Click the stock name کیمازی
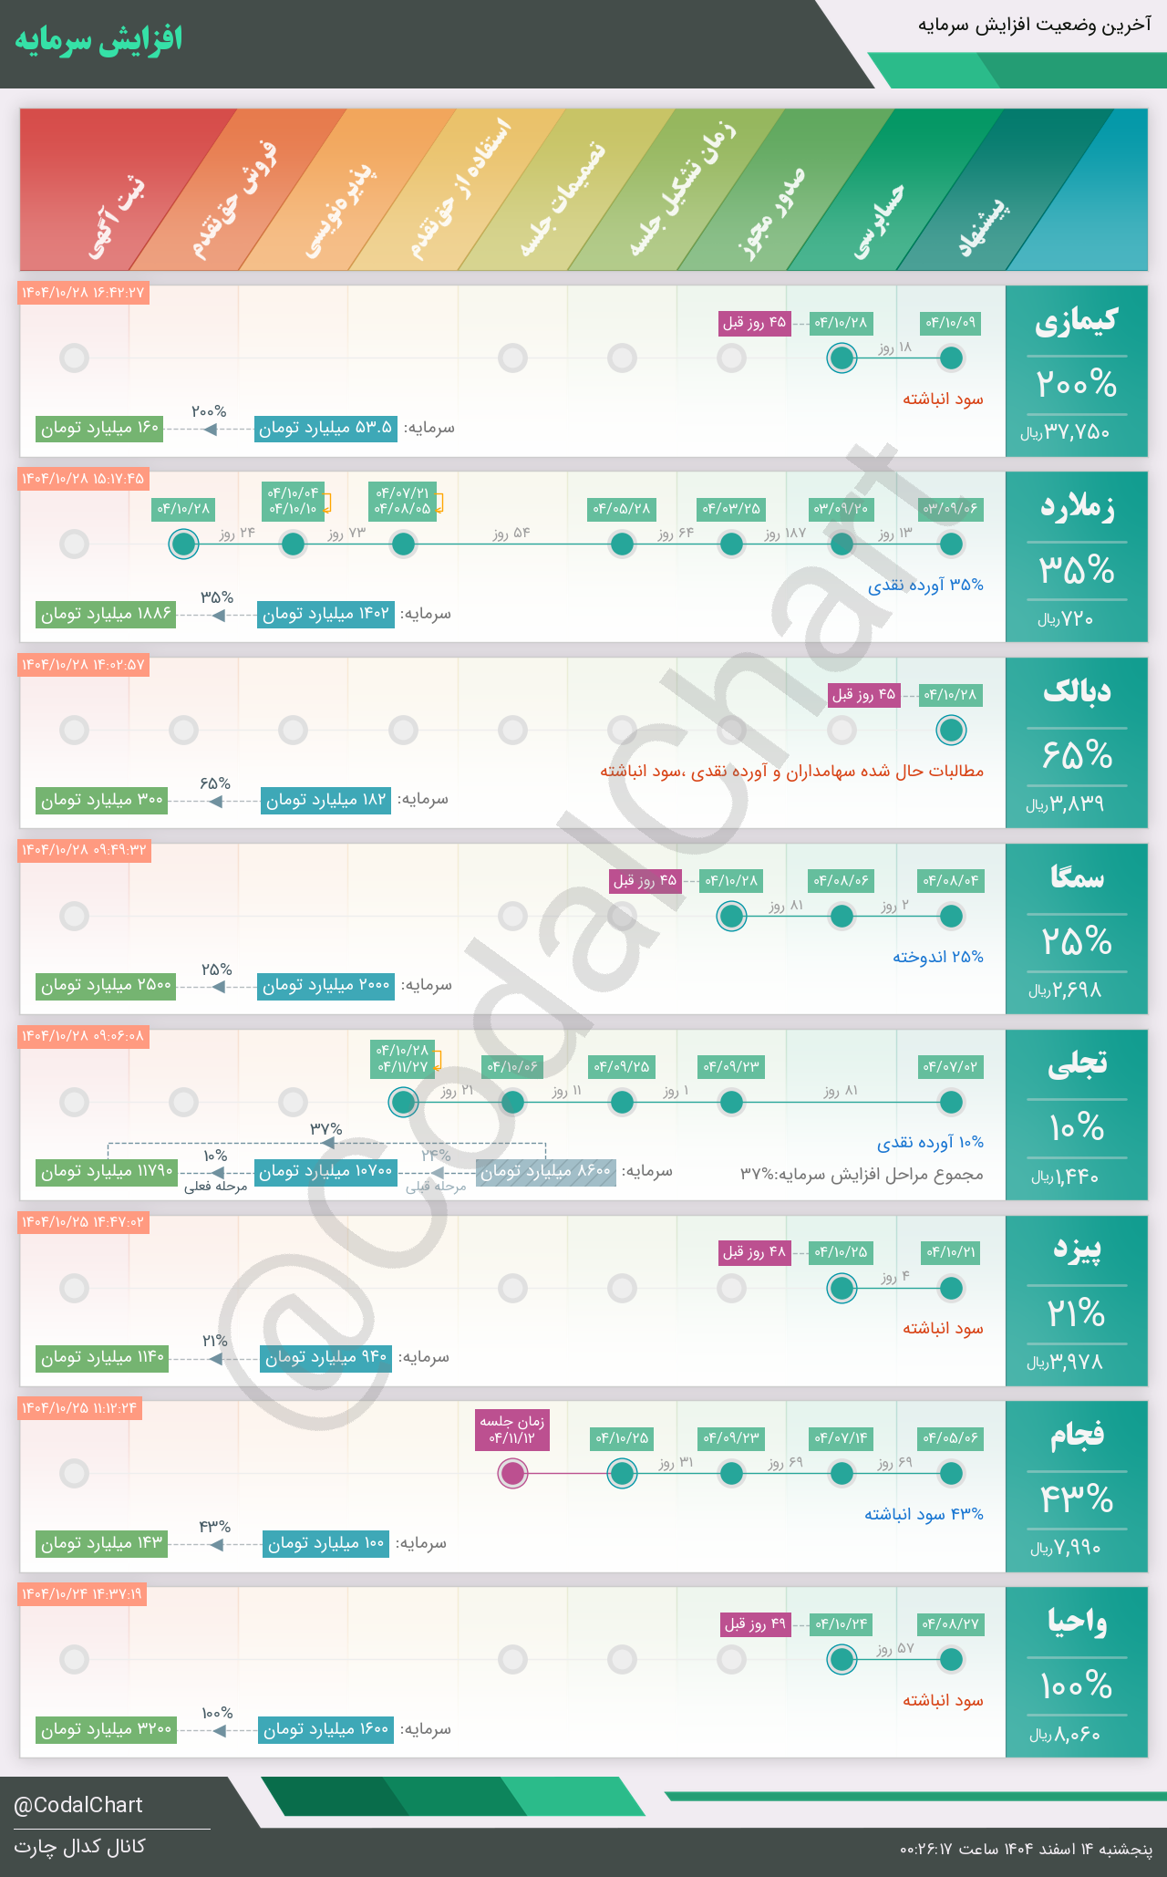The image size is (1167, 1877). click(x=1076, y=321)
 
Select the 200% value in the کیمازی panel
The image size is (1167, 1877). click(x=1076, y=384)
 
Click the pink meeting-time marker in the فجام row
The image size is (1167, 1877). click(x=513, y=1473)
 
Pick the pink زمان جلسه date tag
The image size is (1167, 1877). click(x=513, y=1429)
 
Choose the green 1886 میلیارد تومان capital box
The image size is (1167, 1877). click(x=107, y=614)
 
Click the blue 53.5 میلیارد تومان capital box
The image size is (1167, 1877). click(x=325, y=428)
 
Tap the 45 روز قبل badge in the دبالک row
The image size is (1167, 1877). click(x=863, y=695)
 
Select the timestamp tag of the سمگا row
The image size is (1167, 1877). click(x=84, y=850)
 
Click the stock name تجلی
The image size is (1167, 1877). click(x=1077, y=1063)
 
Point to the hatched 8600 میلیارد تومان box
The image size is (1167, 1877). click(x=545, y=1172)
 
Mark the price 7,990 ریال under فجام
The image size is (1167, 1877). click(x=1066, y=1548)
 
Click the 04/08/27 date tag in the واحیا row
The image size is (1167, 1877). click(x=950, y=1623)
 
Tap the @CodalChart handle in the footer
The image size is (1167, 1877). click(x=78, y=1805)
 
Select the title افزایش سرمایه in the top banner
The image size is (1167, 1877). click(x=98, y=40)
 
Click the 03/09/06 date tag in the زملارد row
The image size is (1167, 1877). click(x=950, y=509)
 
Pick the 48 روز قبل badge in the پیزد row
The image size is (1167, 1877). click(x=754, y=1252)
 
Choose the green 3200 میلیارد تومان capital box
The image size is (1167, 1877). click(x=107, y=1729)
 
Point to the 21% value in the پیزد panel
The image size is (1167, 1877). click(x=1076, y=1313)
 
